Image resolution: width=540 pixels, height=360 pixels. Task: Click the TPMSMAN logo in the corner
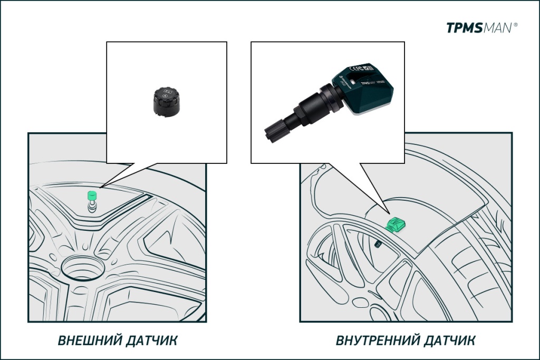[479, 28]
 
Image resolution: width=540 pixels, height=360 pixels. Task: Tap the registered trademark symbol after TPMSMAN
[515, 24]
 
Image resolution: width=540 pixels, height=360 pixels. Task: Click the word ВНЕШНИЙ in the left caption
[90, 340]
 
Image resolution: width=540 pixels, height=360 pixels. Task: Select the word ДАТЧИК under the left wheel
[152, 340]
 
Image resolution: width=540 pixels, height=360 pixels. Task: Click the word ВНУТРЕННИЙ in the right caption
[374, 340]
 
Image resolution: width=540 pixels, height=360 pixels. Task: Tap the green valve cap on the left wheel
[92, 194]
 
